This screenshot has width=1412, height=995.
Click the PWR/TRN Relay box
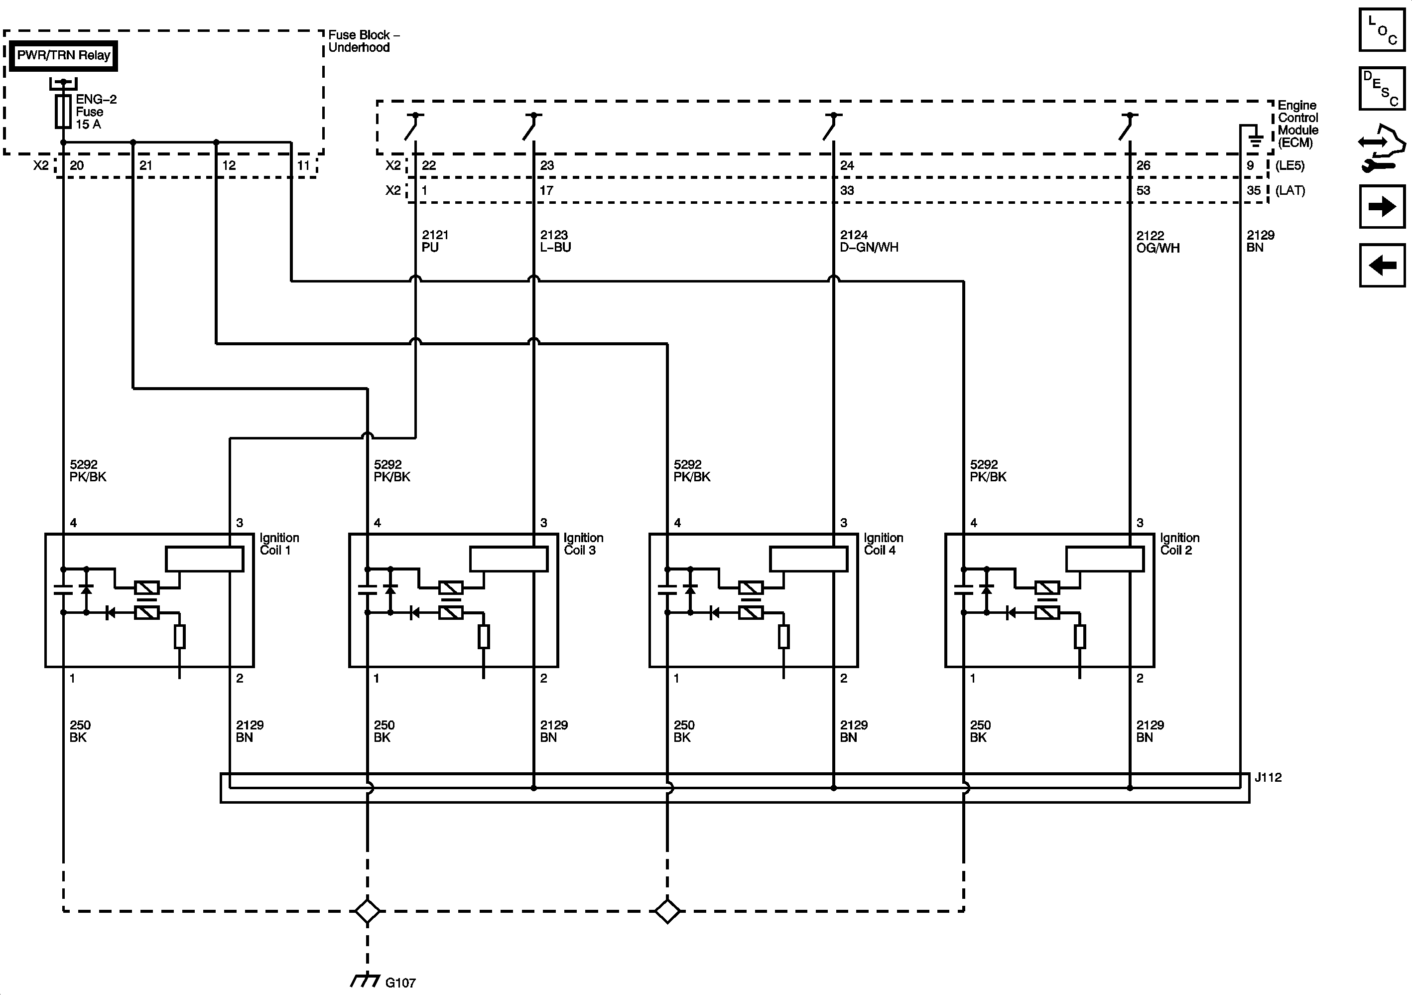tap(63, 56)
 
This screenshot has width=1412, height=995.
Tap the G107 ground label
tap(400, 983)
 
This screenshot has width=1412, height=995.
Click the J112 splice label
tap(1268, 778)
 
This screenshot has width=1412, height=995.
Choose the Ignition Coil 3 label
tap(583, 544)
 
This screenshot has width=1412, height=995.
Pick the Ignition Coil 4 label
tap(883, 544)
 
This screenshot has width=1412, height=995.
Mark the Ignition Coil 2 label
tap(1179, 544)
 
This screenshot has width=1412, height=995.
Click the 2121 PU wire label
tap(434, 241)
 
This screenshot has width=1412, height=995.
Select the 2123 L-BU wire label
tap(555, 241)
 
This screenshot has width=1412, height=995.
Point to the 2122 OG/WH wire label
tap(1157, 242)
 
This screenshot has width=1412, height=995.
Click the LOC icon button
tap(1382, 29)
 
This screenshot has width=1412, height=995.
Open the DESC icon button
tap(1382, 89)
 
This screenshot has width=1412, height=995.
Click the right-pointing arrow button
tap(1382, 206)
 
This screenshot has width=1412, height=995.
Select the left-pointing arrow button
tap(1382, 265)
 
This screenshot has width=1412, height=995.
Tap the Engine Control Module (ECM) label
tap(1297, 124)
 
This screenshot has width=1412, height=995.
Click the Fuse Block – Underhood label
tap(363, 41)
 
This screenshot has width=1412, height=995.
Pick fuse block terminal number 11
tap(303, 165)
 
